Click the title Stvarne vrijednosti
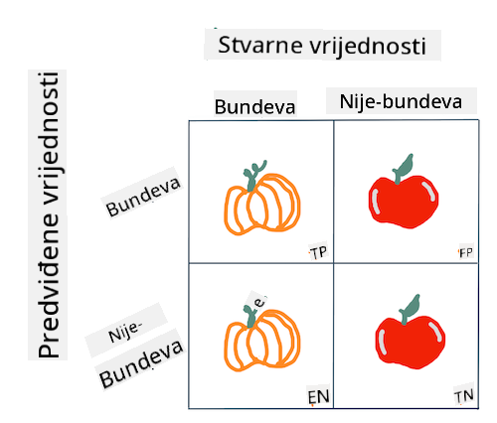pyautogui.click(x=322, y=46)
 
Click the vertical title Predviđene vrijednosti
pyautogui.click(x=49, y=214)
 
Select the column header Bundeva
pyautogui.click(x=254, y=107)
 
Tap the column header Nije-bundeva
pyautogui.click(x=401, y=101)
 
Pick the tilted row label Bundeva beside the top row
pyautogui.click(x=143, y=197)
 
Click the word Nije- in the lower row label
pyautogui.click(x=125, y=332)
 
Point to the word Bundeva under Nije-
pyautogui.click(x=141, y=363)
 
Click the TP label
pyautogui.click(x=318, y=253)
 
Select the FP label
pyautogui.click(x=465, y=252)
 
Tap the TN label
pyautogui.click(x=463, y=396)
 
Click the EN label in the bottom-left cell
pyautogui.click(x=318, y=397)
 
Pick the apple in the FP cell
pyautogui.click(x=404, y=192)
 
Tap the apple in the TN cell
pyautogui.click(x=411, y=332)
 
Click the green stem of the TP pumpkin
pyautogui.click(x=252, y=176)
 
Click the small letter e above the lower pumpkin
pyautogui.click(x=259, y=302)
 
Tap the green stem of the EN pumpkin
pyautogui.click(x=250, y=316)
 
